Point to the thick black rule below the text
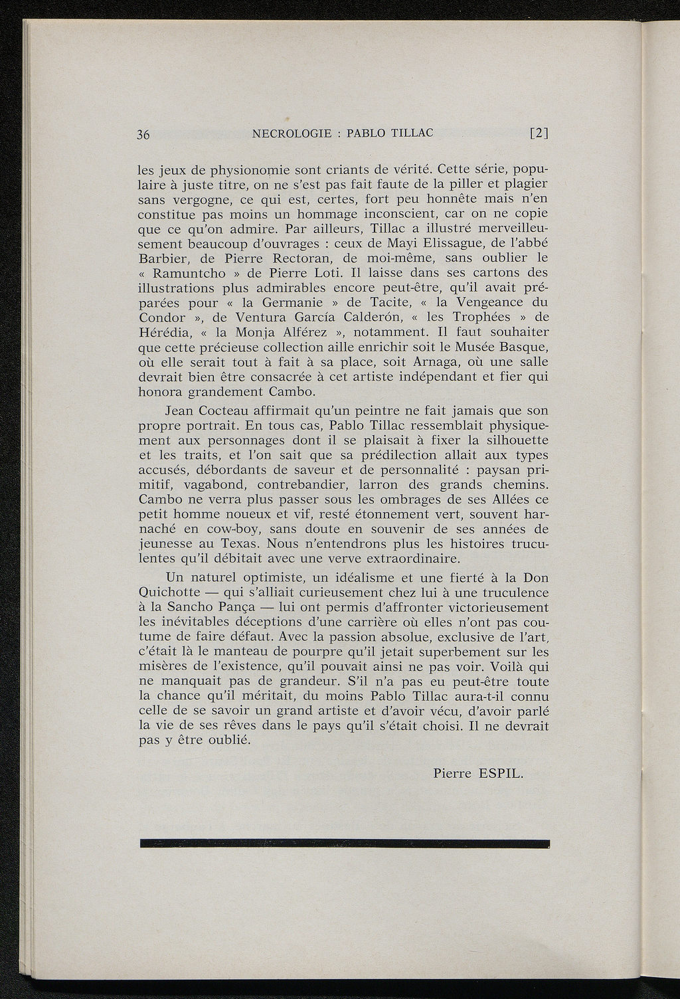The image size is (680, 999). pyautogui.click(x=345, y=844)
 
